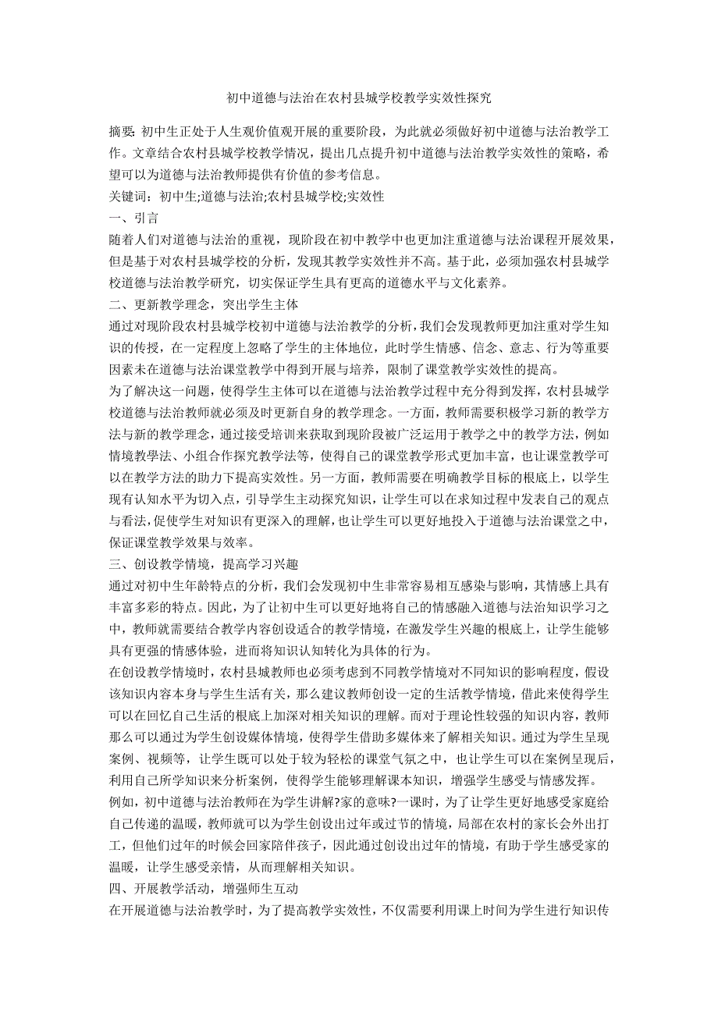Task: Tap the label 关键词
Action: point(127,197)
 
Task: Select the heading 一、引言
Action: point(137,218)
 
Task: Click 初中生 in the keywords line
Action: point(179,197)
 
